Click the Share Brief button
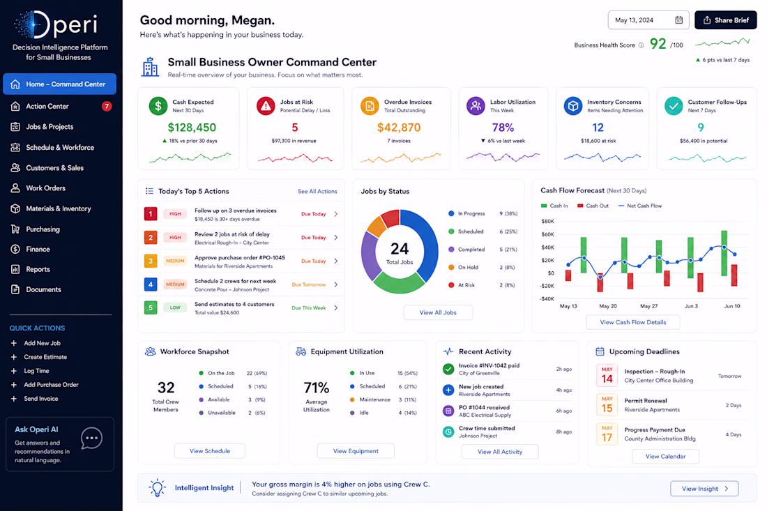[725, 20]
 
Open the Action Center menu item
[47, 106]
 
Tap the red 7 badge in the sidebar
[107, 106]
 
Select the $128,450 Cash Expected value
[192, 128]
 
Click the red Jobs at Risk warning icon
[266, 106]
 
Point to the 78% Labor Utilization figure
[503, 128]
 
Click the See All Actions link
[317, 191]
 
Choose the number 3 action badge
[151, 261]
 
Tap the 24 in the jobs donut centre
[400, 249]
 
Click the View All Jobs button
[438, 312]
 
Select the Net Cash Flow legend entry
[640, 206]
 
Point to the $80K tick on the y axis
[548, 222]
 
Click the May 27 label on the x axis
[648, 306]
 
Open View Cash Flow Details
[633, 322]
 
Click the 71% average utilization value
[317, 388]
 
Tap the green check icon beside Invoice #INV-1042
[448, 369]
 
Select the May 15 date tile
[607, 405]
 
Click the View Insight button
[704, 489]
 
